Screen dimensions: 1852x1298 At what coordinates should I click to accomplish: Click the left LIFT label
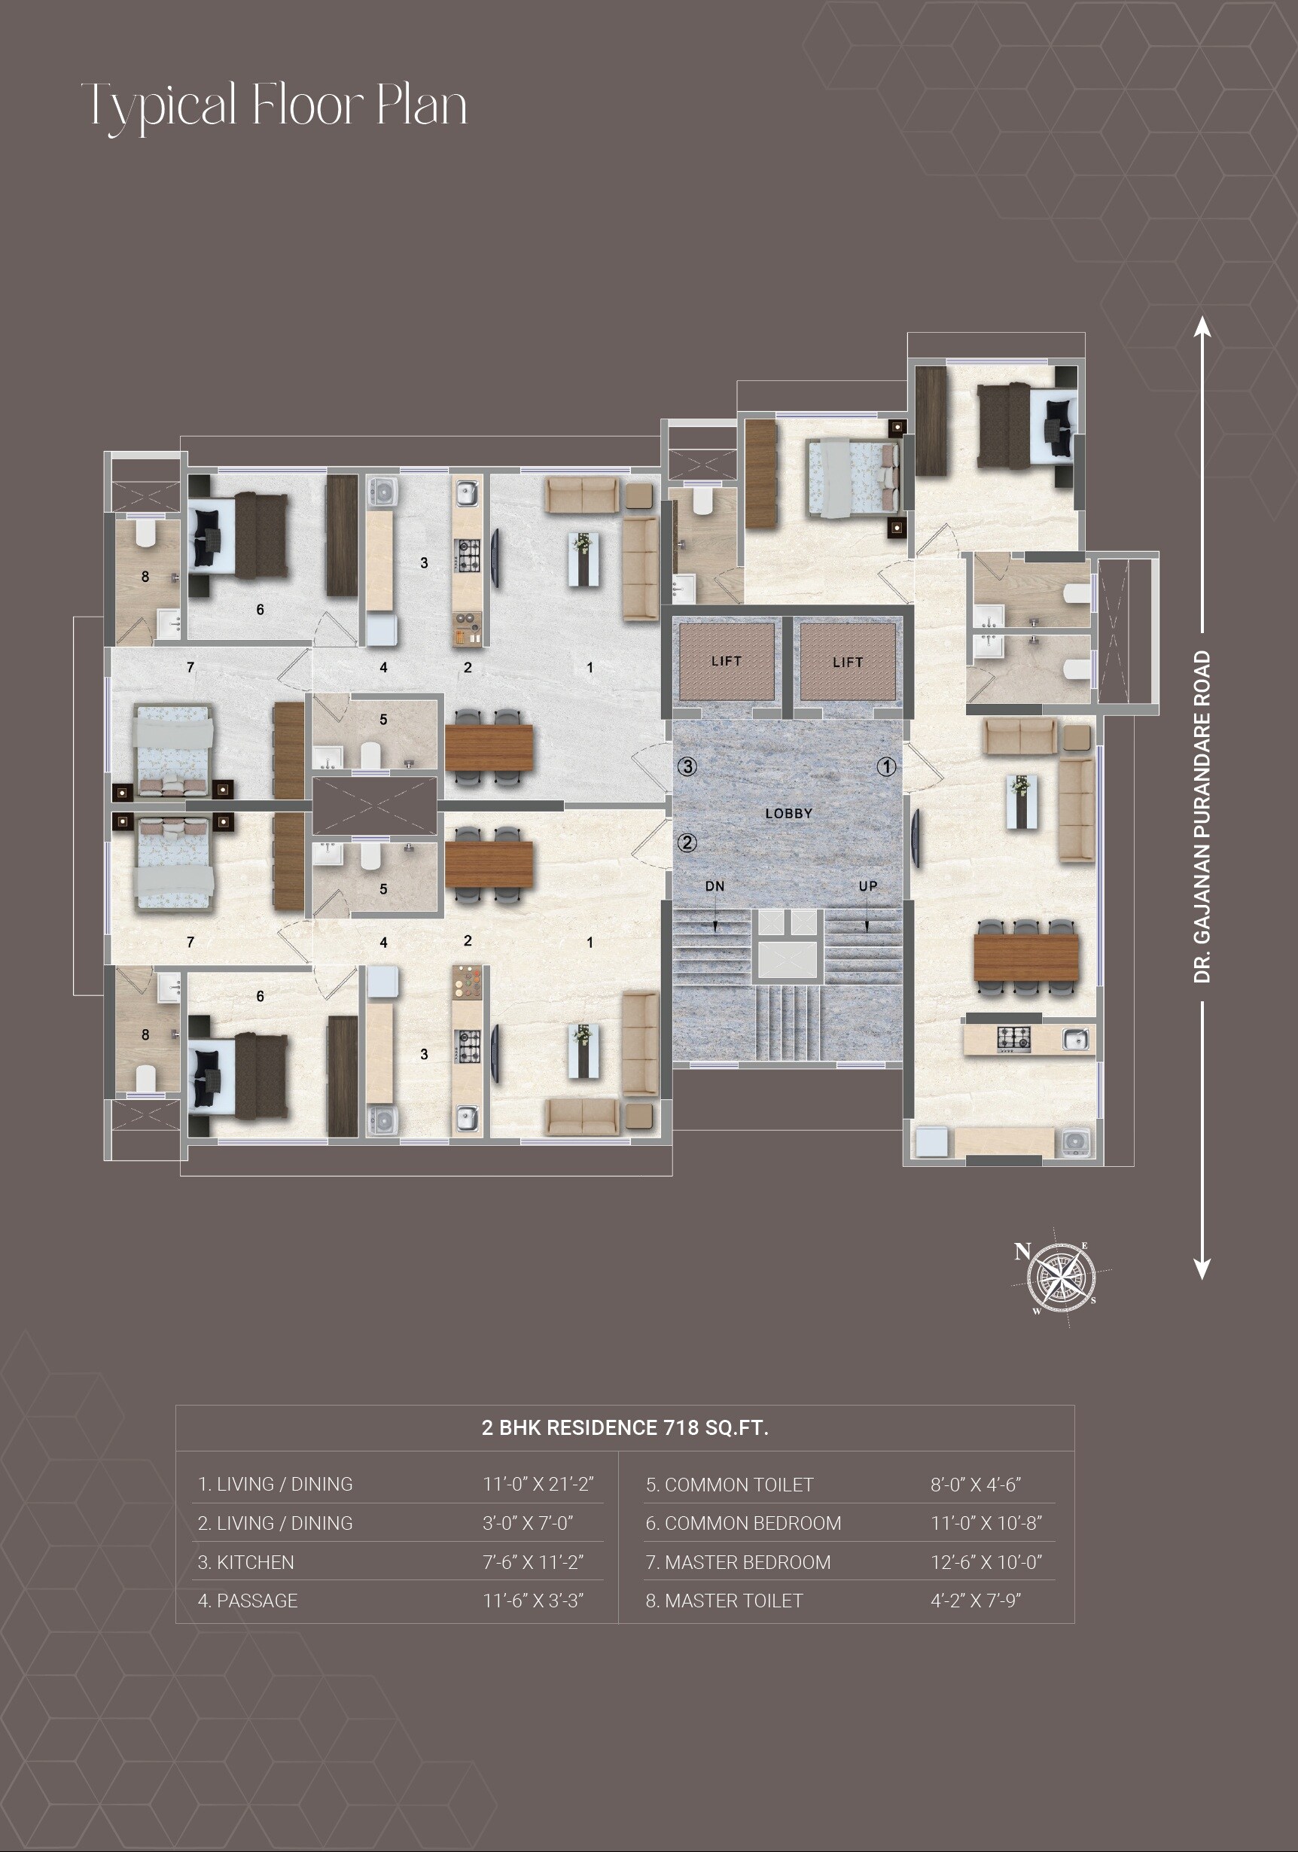pyautogui.click(x=726, y=661)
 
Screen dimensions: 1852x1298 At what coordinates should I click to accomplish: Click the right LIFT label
pyautogui.click(x=847, y=662)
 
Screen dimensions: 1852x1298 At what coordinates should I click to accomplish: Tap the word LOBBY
pyautogui.click(x=788, y=813)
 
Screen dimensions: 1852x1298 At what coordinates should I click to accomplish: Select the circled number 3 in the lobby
pyautogui.click(x=687, y=766)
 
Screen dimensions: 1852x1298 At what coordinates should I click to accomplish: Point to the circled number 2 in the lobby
pyautogui.click(x=687, y=842)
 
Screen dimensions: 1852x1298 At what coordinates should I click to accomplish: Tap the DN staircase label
pyautogui.click(x=715, y=885)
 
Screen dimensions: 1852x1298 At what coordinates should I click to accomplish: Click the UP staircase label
pyautogui.click(x=867, y=885)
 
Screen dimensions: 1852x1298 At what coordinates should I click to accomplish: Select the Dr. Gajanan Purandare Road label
pyautogui.click(x=1202, y=816)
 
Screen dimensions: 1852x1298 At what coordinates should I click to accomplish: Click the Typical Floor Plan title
pyautogui.click(x=275, y=105)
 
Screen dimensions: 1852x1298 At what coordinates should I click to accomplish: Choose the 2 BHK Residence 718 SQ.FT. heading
pyautogui.click(x=624, y=1427)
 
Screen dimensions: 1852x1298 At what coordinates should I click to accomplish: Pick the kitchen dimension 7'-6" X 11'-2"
pyautogui.click(x=532, y=1562)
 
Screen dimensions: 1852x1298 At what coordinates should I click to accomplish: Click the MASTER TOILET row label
pyautogui.click(x=724, y=1601)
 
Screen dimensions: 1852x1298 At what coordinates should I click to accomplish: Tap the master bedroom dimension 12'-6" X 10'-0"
pyautogui.click(x=986, y=1562)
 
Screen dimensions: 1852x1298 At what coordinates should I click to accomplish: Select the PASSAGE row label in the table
pyautogui.click(x=248, y=1601)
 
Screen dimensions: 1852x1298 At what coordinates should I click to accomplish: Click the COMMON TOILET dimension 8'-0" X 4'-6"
pyautogui.click(x=975, y=1485)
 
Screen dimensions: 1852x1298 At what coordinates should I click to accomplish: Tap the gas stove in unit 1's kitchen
pyautogui.click(x=1014, y=1039)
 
